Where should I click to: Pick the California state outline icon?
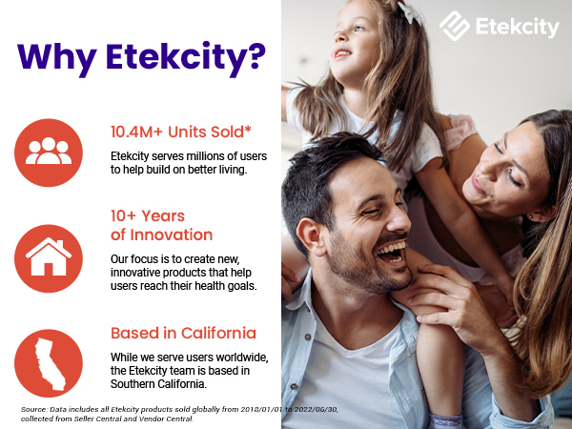(x=49, y=362)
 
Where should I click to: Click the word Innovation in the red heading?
(x=161, y=235)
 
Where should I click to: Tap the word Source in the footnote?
(x=34, y=408)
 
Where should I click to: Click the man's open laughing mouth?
(x=391, y=253)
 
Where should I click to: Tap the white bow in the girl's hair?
(x=411, y=12)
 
